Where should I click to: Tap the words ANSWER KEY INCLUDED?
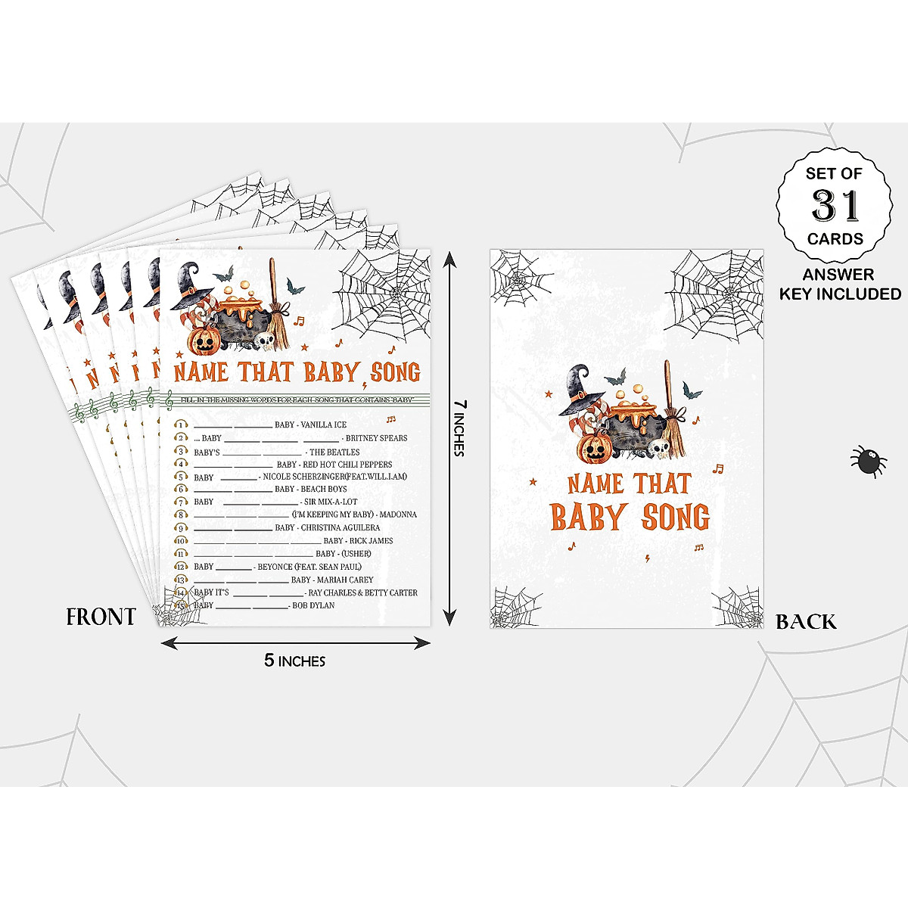(840, 285)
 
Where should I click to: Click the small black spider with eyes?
(868, 460)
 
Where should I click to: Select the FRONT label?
(101, 617)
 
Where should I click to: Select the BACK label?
(807, 622)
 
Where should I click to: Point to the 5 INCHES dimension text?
(294, 661)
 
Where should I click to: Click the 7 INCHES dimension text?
(459, 428)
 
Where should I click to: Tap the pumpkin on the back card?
(594, 447)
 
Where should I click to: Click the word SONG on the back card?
(675, 518)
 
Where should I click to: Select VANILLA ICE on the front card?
(323, 425)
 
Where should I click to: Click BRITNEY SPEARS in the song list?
(376, 438)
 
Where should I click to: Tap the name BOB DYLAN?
(313, 605)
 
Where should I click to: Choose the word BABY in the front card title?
(331, 372)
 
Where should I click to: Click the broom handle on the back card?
(667, 386)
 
